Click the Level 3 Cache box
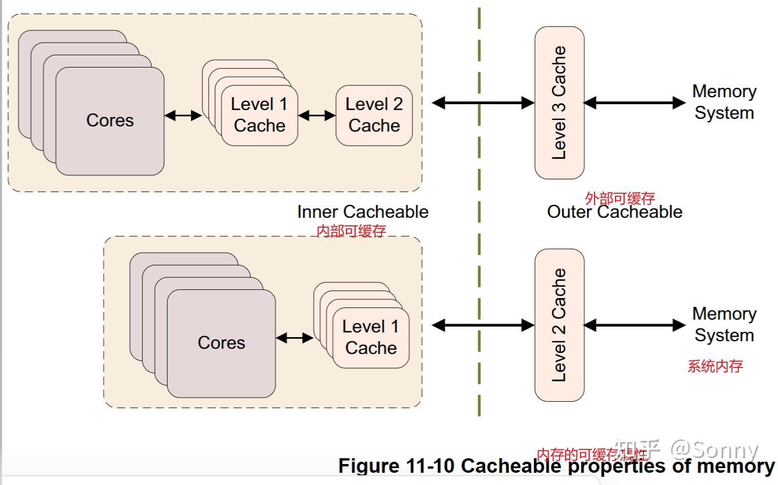559,102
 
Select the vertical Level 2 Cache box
559,325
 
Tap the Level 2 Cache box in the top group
374,115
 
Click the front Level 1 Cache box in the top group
260,115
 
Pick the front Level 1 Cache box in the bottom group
371,338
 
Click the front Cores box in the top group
110,121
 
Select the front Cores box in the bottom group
221,343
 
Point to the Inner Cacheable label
363,212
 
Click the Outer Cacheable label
614,212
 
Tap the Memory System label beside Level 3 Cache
724,102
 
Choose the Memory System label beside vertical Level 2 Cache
724,324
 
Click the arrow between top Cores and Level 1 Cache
183,116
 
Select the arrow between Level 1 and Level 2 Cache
317,116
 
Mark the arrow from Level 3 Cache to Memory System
635,103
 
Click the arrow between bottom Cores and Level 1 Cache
295,338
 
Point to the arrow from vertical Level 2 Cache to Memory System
635,325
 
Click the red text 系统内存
715,366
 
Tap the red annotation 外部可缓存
620,199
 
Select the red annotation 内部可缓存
351,231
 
